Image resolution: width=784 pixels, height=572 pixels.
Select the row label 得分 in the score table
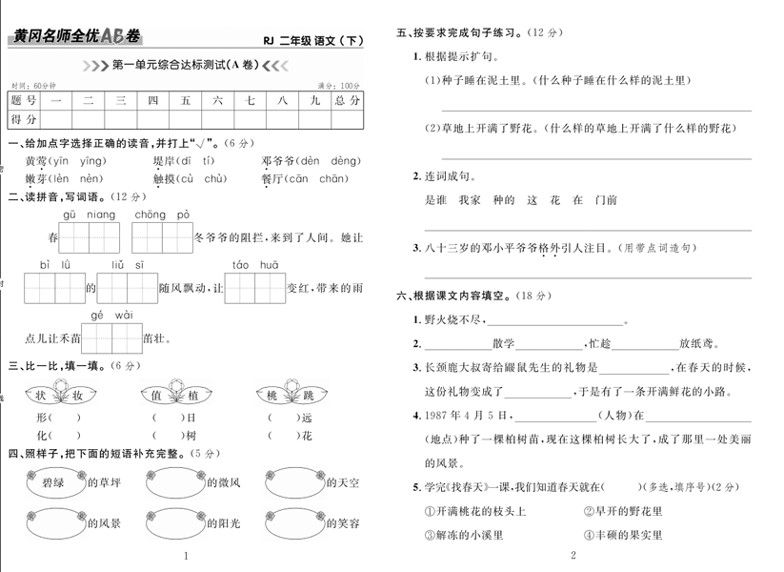coord(24,119)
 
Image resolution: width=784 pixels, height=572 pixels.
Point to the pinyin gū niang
coord(88,214)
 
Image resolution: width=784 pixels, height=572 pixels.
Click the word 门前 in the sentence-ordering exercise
coord(604,200)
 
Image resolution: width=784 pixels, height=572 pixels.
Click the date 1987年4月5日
coord(457,415)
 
